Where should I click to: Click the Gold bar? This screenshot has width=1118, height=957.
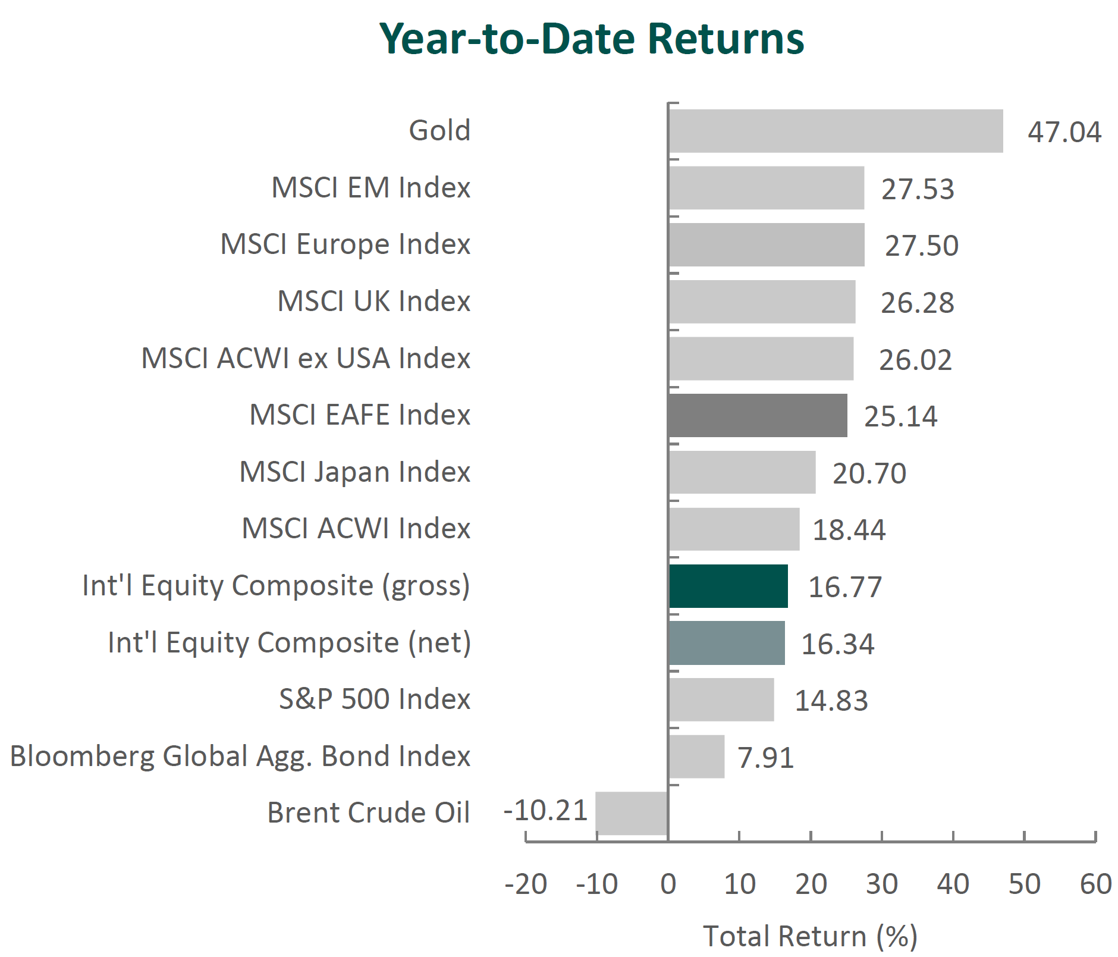click(836, 131)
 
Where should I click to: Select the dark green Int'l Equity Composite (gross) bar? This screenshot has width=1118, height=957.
click(728, 586)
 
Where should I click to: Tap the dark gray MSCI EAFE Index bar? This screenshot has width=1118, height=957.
click(758, 415)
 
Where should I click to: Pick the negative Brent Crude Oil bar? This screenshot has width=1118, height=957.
click(632, 813)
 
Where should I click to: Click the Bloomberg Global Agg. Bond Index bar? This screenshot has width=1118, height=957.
click(696, 757)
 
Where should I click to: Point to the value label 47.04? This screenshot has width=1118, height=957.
click(1064, 132)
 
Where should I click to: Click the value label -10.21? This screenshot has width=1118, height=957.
click(546, 811)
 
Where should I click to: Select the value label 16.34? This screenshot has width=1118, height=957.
click(838, 644)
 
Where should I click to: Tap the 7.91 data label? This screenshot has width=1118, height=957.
click(766, 758)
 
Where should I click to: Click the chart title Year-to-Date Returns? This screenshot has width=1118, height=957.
click(592, 39)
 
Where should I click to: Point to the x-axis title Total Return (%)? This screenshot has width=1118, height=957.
click(811, 936)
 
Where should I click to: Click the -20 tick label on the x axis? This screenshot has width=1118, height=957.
click(526, 884)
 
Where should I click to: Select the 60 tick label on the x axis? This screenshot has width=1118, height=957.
click(1096, 884)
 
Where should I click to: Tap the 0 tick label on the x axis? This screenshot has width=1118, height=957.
click(668, 884)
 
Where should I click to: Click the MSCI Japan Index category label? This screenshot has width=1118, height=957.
click(355, 472)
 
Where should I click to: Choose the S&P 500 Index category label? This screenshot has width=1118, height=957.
click(375, 699)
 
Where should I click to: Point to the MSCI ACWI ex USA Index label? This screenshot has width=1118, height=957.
click(306, 358)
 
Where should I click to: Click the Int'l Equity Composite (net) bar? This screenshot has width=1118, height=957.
click(727, 643)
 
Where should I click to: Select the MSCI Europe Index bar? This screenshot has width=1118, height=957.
click(767, 244)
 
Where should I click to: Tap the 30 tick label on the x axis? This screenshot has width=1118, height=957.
click(882, 884)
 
